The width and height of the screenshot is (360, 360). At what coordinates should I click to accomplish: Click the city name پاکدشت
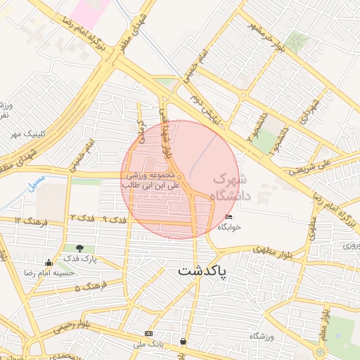[x=202, y=271]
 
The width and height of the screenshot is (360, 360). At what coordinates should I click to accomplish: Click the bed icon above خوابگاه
[x=228, y=217]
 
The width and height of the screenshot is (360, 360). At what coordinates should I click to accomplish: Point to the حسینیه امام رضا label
[x=49, y=272]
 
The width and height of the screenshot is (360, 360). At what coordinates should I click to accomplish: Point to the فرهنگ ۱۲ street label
[x=29, y=221]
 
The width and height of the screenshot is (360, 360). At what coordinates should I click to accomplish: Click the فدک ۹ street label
[x=113, y=219]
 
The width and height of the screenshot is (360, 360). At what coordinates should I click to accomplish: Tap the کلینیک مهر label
[x=18, y=132]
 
